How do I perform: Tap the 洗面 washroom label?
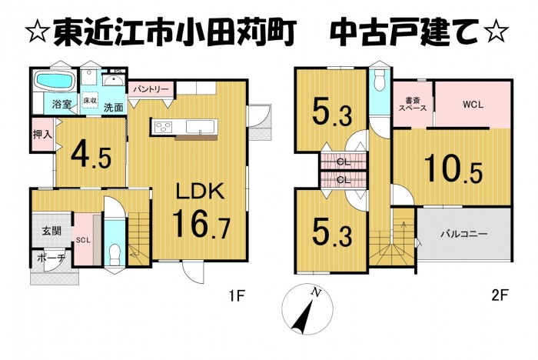(x=114, y=108)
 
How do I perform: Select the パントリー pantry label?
(x=151, y=89)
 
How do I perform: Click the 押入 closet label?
(x=42, y=135)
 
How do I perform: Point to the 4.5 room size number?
(x=91, y=156)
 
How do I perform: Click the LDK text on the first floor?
(x=201, y=192)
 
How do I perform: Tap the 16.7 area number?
(x=201, y=225)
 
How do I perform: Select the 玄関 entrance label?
(x=51, y=231)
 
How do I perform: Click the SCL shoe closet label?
(x=83, y=241)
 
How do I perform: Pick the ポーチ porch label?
(x=51, y=258)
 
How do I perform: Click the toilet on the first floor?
(x=114, y=254)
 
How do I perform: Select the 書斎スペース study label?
(x=412, y=104)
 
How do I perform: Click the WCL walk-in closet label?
(x=473, y=105)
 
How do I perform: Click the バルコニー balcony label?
(x=464, y=235)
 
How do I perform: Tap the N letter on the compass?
(x=316, y=292)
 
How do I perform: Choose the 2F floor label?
(x=500, y=295)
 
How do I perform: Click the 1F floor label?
(x=237, y=295)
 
